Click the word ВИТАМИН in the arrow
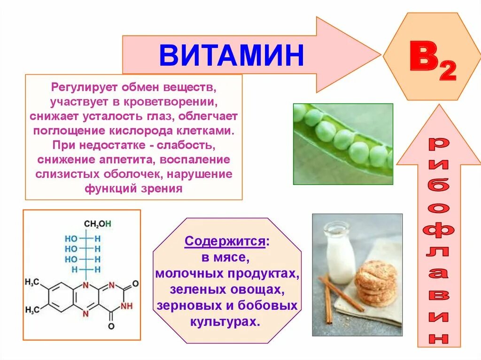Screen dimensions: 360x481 [232, 55]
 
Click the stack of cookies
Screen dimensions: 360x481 [376, 282]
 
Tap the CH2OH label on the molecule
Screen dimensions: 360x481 [97, 224]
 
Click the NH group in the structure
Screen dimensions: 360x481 [126, 306]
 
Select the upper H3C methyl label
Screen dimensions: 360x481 [32, 282]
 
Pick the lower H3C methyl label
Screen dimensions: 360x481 [32, 310]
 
